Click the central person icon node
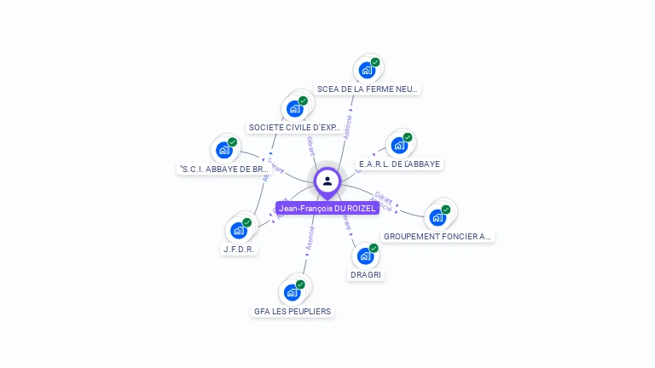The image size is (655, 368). pos(327,181)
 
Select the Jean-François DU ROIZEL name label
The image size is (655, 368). pos(327,208)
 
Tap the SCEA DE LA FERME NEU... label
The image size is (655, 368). pos(368,89)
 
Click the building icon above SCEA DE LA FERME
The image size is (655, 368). pos(367,70)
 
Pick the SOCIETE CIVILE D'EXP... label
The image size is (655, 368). pos(294,128)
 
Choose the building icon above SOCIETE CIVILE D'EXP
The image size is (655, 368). pos(294,108)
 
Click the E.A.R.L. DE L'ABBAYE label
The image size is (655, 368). pos(400,164)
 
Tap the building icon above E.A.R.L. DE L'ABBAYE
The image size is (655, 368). pos(399,145)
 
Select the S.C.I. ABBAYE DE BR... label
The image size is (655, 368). pos(223,169)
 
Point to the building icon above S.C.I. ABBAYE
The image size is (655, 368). pos(223,150)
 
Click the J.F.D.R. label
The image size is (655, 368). pos(240,250)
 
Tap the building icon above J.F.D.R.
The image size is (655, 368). pos(239,230)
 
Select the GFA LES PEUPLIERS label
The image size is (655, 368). pos(293,311)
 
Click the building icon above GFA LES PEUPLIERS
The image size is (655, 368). pos(293,292)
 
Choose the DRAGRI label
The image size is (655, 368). pos(366,274)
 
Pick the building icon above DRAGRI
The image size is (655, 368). pos(365,256)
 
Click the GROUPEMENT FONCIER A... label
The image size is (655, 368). pos(438,236)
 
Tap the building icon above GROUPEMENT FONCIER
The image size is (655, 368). pos(438,216)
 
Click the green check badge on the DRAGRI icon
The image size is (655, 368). pos(374,248)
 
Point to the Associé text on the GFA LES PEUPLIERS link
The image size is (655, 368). pos(310,238)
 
